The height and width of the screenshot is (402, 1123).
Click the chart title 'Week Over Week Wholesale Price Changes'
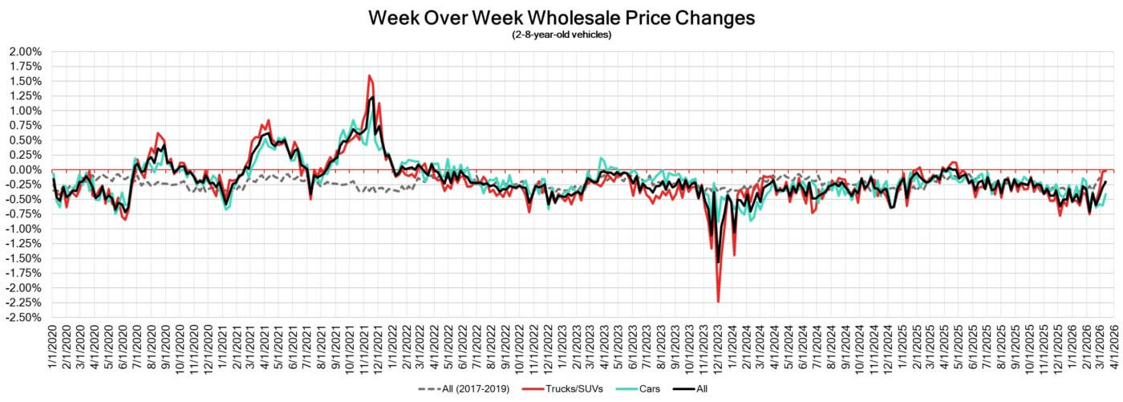tap(561, 18)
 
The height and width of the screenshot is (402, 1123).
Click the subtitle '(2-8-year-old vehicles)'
tap(561, 35)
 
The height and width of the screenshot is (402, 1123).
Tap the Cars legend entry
tap(638, 389)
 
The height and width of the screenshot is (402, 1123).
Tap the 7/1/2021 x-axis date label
tap(309, 347)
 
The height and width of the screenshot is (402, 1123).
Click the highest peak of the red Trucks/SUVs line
tap(368, 75)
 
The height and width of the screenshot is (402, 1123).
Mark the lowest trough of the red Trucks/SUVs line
tap(718, 302)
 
